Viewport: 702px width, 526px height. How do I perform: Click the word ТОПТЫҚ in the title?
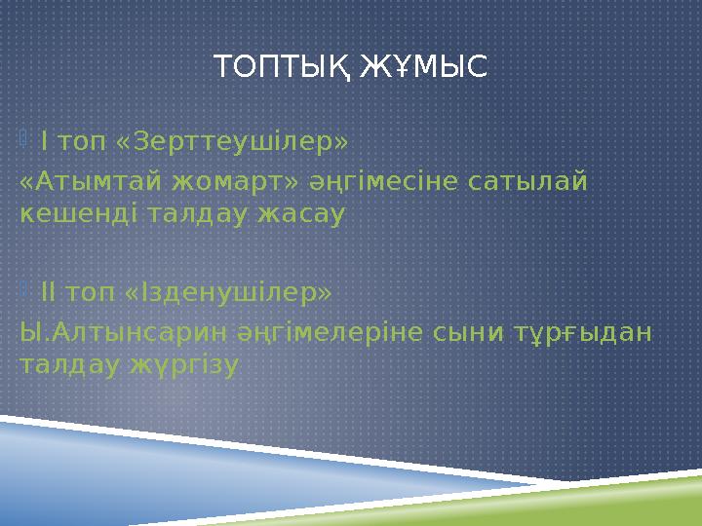(x=284, y=68)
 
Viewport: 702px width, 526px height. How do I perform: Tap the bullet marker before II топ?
(x=25, y=290)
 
